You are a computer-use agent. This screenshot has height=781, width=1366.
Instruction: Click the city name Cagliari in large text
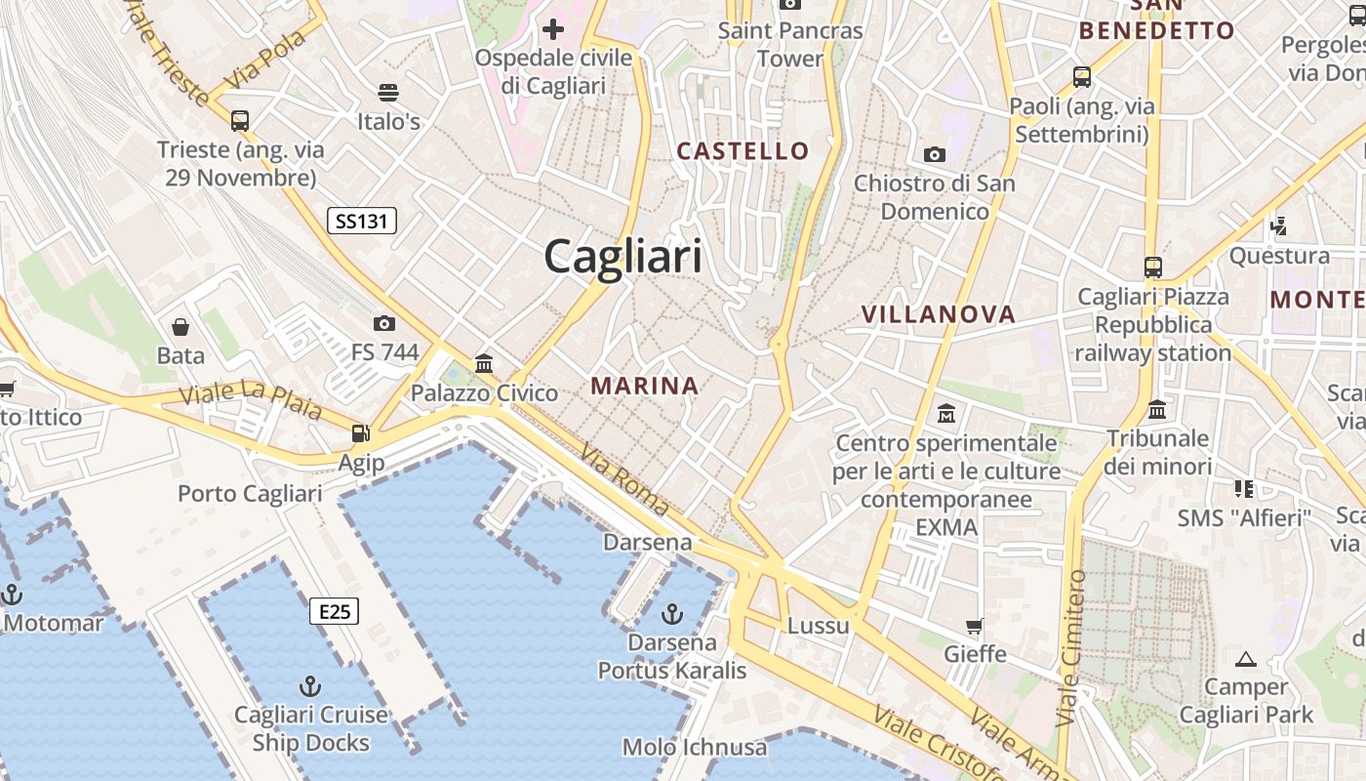(x=623, y=257)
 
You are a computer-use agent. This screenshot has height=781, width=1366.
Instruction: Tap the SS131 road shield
(x=361, y=221)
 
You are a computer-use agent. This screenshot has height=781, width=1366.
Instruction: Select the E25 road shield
(x=334, y=611)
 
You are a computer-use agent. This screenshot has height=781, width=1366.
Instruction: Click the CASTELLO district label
(x=743, y=150)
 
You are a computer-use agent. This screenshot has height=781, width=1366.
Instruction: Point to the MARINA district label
(x=644, y=386)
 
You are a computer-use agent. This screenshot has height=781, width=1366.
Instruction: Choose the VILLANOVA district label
(x=939, y=314)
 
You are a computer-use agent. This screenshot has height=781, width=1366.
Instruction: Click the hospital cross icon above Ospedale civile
(x=553, y=29)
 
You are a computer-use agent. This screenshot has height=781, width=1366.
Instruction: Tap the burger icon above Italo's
(x=388, y=93)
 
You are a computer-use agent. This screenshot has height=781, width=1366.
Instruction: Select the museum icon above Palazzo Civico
(x=484, y=364)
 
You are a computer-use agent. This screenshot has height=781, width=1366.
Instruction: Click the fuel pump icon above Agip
(x=361, y=432)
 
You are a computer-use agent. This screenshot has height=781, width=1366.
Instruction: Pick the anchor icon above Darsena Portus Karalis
(x=671, y=613)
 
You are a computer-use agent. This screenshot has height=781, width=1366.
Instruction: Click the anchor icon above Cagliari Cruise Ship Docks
(x=310, y=685)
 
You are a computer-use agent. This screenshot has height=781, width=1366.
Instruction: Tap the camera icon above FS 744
(x=384, y=323)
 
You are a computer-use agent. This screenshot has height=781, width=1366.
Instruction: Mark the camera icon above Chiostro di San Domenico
(x=935, y=154)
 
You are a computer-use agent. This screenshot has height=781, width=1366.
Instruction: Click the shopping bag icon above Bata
(x=181, y=326)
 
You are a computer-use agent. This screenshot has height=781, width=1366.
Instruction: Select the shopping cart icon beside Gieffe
(x=974, y=625)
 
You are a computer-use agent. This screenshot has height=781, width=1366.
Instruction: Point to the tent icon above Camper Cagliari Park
(x=1245, y=658)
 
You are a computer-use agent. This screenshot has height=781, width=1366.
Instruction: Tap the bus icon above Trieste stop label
(x=240, y=121)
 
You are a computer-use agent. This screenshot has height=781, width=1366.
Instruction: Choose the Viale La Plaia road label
(x=251, y=400)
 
